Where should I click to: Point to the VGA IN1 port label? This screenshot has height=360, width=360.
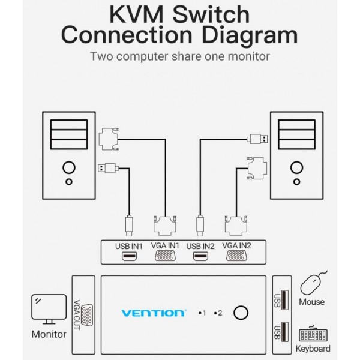pos(165,245)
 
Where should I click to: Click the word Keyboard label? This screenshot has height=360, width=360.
pos(313,348)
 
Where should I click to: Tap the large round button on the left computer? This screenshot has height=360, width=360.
pos(70,167)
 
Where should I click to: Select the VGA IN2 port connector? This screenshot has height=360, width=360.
pos(238,257)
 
